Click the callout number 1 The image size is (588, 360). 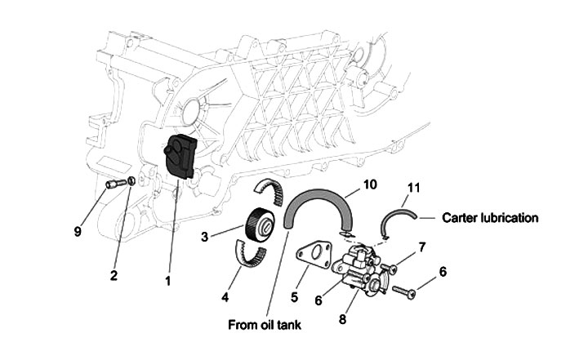168,282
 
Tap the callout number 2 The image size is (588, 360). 115,275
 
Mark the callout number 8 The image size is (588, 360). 342,319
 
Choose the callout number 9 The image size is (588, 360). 78,232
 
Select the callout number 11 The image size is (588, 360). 413,189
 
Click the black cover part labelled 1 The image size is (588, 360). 180,158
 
